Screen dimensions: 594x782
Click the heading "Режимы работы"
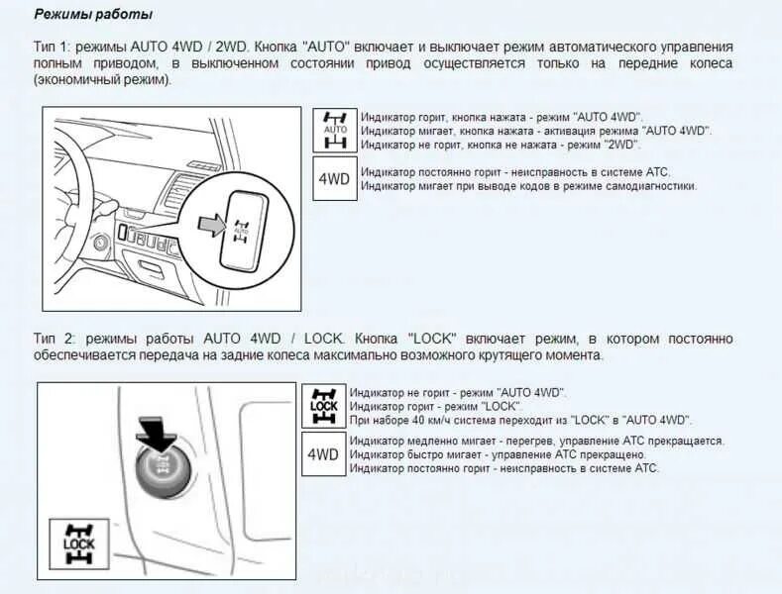click(x=93, y=15)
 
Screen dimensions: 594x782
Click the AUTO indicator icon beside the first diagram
click(x=335, y=130)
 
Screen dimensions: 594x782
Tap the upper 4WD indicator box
click(x=335, y=179)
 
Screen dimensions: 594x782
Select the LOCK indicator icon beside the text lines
click(x=323, y=406)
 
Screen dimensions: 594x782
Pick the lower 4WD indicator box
click(x=323, y=455)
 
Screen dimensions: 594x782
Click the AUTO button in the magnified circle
click(x=241, y=229)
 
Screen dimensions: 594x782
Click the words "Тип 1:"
click(x=52, y=48)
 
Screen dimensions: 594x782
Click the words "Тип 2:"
click(x=52, y=339)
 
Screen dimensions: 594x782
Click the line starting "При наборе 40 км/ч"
click(x=521, y=420)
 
